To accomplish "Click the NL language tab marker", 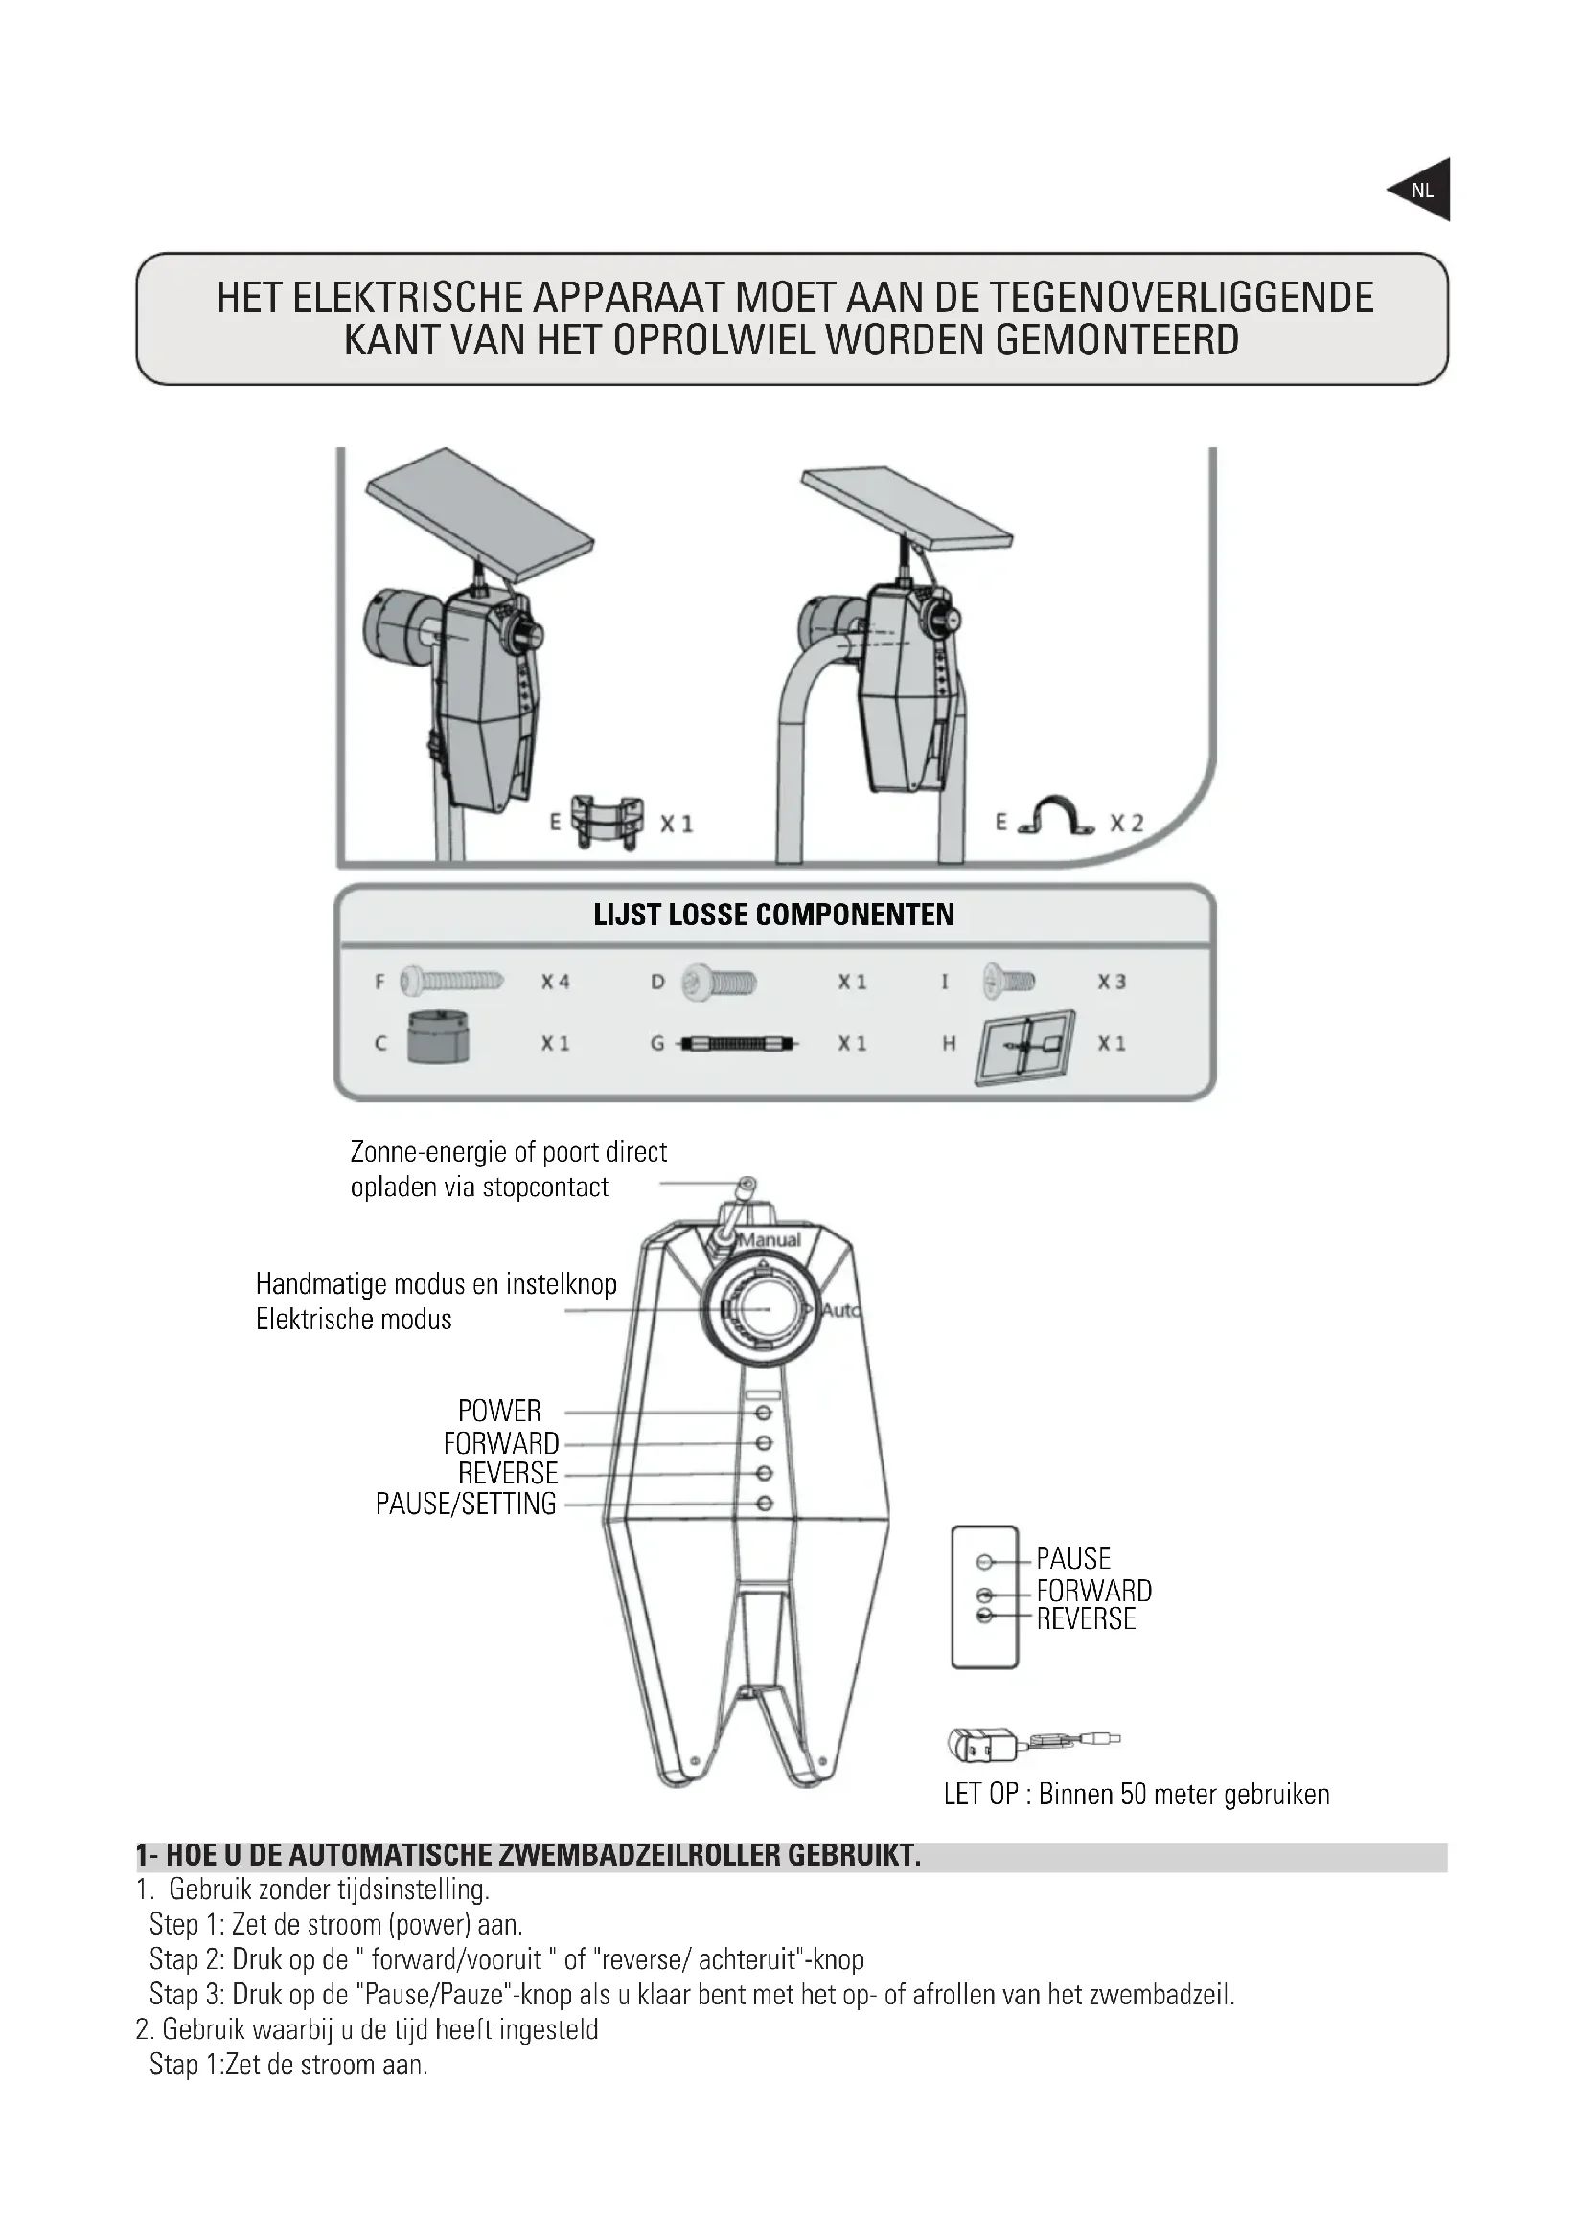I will pyautogui.click(x=1422, y=191).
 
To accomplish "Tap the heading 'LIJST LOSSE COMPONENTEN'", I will pyautogui.click(x=774, y=916).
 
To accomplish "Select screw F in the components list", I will pyautogui.click(x=453, y=981).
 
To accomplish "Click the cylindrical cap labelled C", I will pyautogui.click(x=438, y=1038).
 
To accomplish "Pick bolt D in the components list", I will pyautogui.click(x=720, y=981).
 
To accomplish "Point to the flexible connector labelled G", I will pyautogui.click(x=738, y=1044).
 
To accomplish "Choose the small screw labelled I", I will pyautogui.click(x=1009, y=980).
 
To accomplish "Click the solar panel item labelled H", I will pyautogui.click(x=1024, y=1047).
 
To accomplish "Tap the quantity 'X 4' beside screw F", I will pyautogui.click(x=556, y=982).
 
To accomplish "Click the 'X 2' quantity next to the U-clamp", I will pyautogui.click(x=1126, y=824).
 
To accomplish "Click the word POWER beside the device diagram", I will pyautogui.click(x=498, y=1411).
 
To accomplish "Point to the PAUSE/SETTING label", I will pyautogui.click(x=466, y=1504).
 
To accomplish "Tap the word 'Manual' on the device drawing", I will pyautogui.click(x=770, y=1240).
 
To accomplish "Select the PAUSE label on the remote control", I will pyautogui.click(x=1072, y=1558).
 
